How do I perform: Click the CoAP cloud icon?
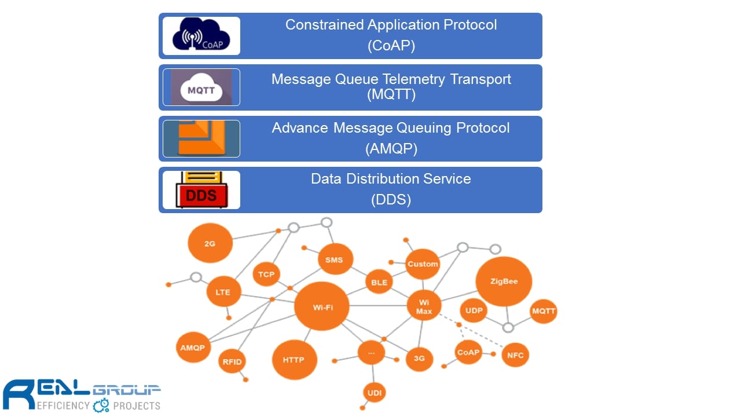(x=201, y=35)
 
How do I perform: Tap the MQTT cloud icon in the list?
(x=201, y=87)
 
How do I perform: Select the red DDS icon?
(x=201, y=190)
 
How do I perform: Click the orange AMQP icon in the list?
(x=201, y=138)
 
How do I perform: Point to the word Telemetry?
(x=414, y=79)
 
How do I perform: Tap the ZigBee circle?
(x=504, y=281)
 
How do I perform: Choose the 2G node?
(x=210, y=243)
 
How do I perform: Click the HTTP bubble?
(x=294, y=360)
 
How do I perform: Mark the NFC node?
(x=515, y=355)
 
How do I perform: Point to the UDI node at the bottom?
(x=374, y=393)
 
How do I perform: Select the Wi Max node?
(x=424, y=306)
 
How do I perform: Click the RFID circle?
(x=232, y=361)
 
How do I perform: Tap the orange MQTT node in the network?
(x=543, y=311)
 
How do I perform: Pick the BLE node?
(x=379, y=282)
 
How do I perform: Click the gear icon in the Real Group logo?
(x=101, y=405)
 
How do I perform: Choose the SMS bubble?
(x=335, y=259)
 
